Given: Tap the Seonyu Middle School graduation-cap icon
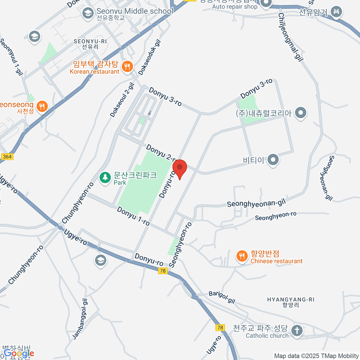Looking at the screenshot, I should click(88, 13).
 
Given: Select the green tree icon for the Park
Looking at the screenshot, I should click(105, 178).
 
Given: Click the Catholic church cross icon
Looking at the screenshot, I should click(297, 331).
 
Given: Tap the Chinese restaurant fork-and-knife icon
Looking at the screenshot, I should click(242, 256).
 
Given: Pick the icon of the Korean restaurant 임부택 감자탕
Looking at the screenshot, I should click(127, 66).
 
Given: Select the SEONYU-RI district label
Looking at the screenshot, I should click(90, 44).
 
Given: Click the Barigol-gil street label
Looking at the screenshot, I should click(222, 297).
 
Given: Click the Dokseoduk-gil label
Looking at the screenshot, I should click(150, 58).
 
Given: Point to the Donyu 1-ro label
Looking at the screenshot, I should click(133, 216).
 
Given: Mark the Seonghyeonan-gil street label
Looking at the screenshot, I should click(256, 204).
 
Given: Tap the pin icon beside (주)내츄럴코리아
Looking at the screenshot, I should click(300, 113).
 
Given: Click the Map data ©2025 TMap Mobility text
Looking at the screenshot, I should click(316, 356).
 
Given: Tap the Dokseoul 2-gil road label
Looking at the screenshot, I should click(122, 100).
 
